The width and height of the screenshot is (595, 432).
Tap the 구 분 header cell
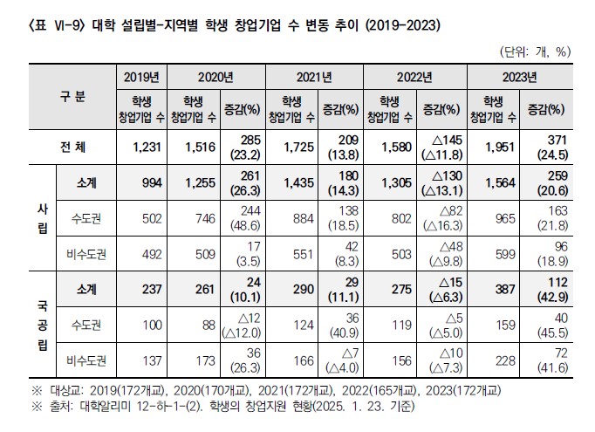coord(72,97)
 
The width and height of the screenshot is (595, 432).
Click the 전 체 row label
coord(72,146)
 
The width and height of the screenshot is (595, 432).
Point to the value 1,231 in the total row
coord(140,146)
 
